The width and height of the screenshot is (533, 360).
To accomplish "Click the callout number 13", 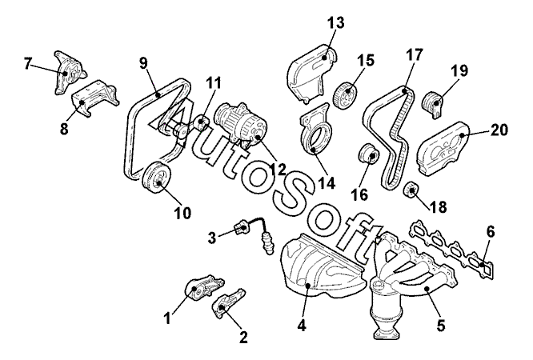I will [335, 22].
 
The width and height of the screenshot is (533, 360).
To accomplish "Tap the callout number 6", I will [491, 231].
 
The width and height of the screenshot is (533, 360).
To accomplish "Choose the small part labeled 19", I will [435, 101].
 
